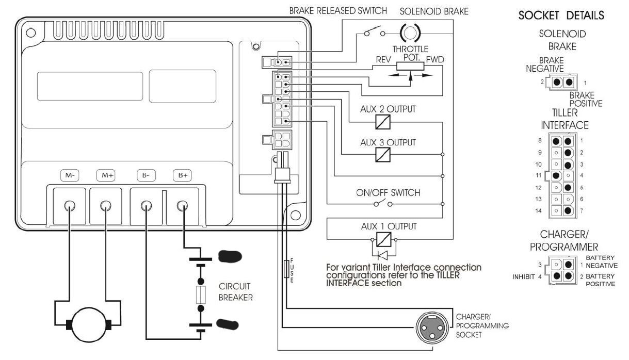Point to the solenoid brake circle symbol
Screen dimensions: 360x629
410,35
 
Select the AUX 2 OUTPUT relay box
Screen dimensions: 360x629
382,122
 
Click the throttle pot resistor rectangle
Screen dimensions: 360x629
410,66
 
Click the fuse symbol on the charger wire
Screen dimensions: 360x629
287,269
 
